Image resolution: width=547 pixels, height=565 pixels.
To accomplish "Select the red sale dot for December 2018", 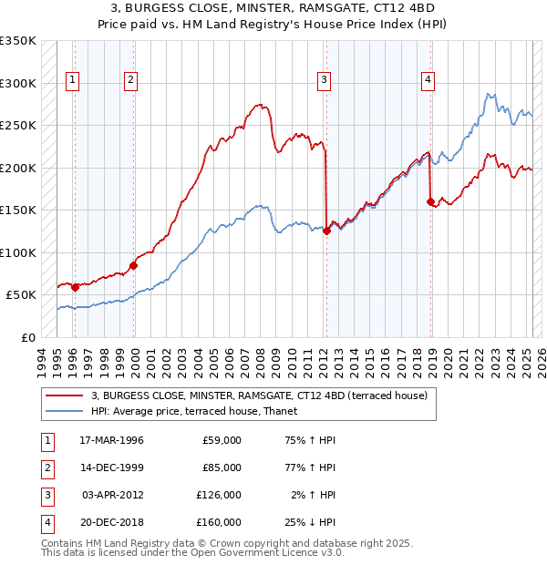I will pyautogui.click(x=430, y=201).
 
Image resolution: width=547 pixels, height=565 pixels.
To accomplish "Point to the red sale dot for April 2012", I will pyautogui.click(x=326, y=231).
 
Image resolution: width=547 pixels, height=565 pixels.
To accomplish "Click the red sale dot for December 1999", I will pyautogui.click(x=134, y=265).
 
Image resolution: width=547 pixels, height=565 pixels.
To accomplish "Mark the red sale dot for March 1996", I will pyautogui.click(x=75, y=287).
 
